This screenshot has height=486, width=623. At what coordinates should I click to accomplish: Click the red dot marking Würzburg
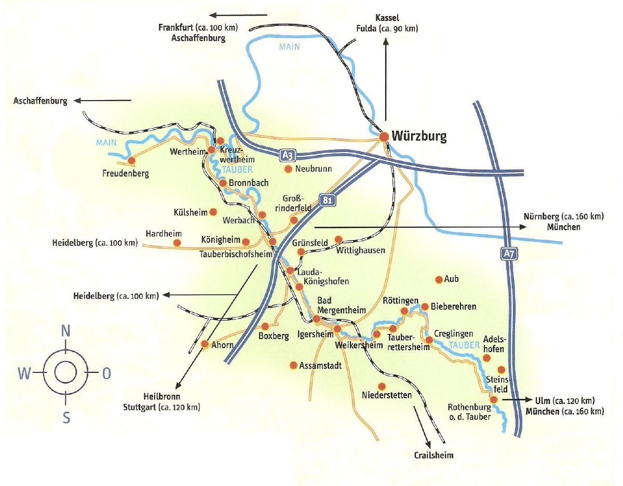pyautogui.click(x=384, y=136)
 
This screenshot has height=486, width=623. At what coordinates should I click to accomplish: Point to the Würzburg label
pyautogui.click(x=419, y=137)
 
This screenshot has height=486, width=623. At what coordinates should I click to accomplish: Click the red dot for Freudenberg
pyautogui.click(x=131, y=160)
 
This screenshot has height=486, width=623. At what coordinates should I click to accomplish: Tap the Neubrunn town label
pyautogui.click(x=313, y=169)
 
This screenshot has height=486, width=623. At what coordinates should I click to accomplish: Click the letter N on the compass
pyautogui.click(x=66, y=330)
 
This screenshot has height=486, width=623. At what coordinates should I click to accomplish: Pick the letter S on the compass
pyautogui.click(x=66, y=418)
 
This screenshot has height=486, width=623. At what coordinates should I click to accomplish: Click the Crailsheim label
pyautogui.click(x=434, y=455)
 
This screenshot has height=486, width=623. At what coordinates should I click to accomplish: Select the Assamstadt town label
pyautogui.click(x=320, y=366)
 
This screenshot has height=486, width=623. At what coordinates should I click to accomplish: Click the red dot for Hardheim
pyautogui.click(x=177, y=242)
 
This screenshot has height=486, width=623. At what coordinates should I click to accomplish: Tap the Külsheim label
pyautogui.click(x=190, y=213)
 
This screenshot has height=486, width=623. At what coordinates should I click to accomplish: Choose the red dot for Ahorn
pyautogui.click(x=205, y=344)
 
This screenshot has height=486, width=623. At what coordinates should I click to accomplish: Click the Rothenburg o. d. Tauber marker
pyautogui.click(x=494, y=399)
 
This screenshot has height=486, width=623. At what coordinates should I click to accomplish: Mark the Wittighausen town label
pyautogui.click(x=361, y=251)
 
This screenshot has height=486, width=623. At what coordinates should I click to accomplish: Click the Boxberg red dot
pyautogui.click(x=265, y=326)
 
